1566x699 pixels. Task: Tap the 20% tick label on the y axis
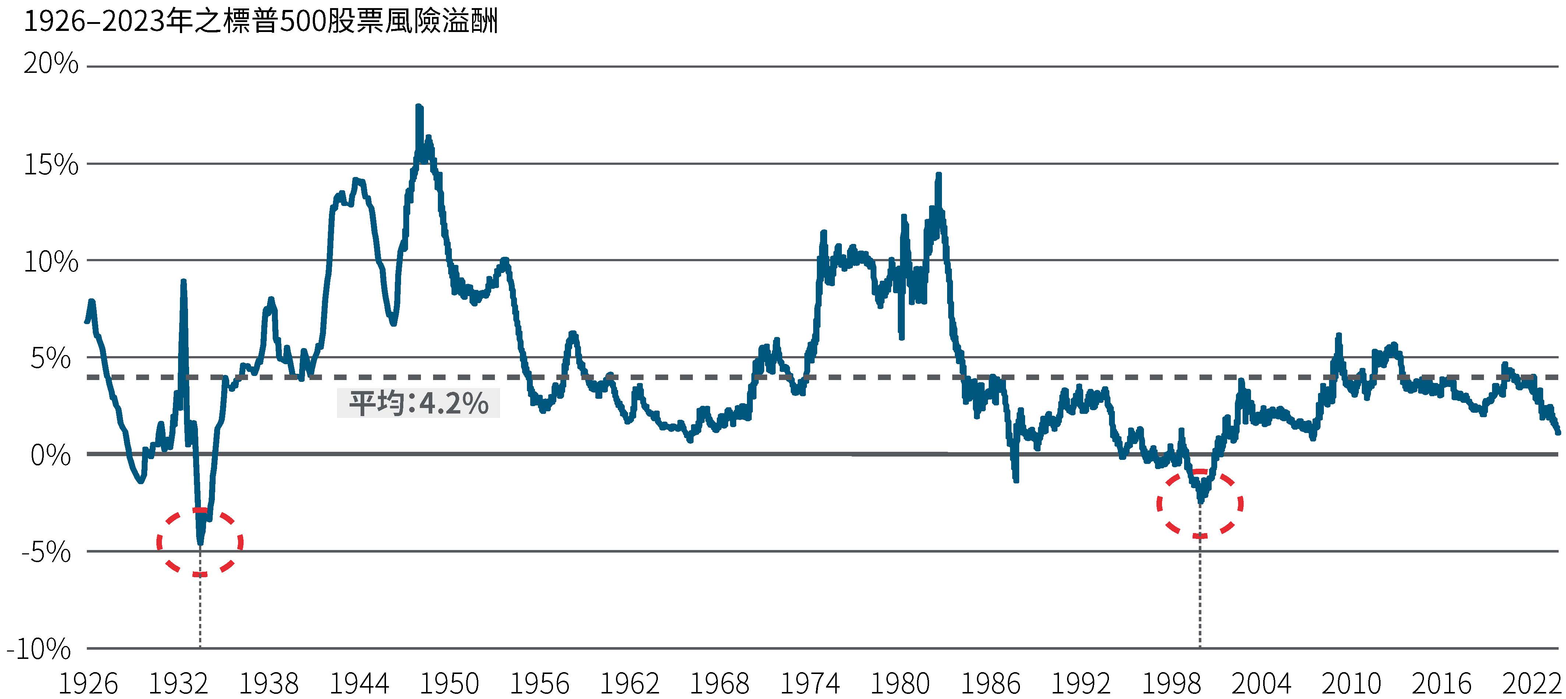pos(51,64)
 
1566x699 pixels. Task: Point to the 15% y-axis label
pos(51,165)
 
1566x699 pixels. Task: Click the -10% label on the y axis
pos(39,650)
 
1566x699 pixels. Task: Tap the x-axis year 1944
pos(359,684)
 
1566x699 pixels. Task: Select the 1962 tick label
pos(630,684)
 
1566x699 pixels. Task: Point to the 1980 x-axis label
pos(900,684)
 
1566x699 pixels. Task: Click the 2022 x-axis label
pos(1532,684)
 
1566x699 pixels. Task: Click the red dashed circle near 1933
pos(200,542)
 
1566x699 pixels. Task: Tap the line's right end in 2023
pos(1558,432)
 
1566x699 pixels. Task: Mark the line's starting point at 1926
pos(87,321)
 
